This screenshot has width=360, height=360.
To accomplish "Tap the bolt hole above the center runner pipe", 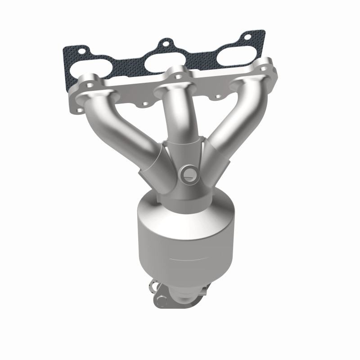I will pyautogui.click(x=179, y=76).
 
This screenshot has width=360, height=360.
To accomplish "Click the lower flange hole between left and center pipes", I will pyautogui.click(x=145, y=104).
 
